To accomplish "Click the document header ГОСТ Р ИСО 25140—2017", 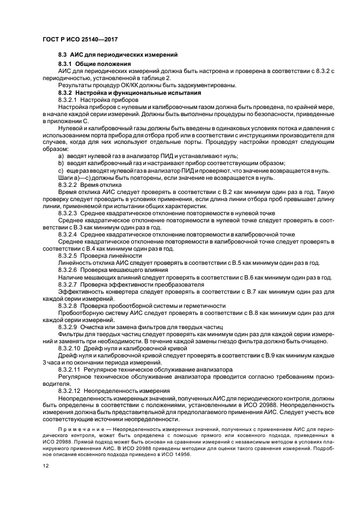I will tap(80, 40).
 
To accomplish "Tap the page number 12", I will tap(46, 466).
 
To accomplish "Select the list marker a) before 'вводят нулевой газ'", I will tap(60, 156).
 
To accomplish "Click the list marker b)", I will tap(60, 163).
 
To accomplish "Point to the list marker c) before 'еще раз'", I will tap(60, 171).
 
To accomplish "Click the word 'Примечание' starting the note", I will tap(76, 429).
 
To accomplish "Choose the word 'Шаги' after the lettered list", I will tap(65, 178).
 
